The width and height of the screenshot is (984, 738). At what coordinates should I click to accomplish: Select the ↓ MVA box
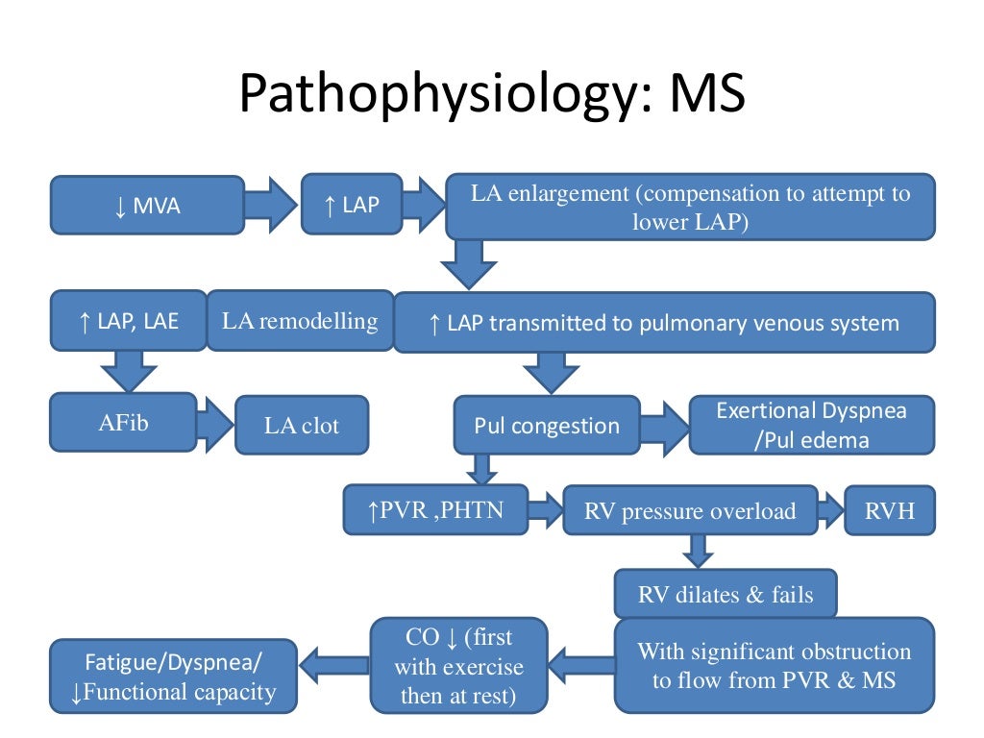click(147, 205)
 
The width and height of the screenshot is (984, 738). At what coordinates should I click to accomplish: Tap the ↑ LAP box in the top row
click(351, 204)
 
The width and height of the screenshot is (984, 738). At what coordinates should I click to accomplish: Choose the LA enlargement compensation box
click(689, 207)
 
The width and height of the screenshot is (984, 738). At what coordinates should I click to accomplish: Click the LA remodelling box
click(300, 321)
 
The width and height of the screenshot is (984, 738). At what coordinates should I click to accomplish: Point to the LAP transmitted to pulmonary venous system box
click(663, 323)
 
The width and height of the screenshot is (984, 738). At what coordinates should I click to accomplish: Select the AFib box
click(124, 422)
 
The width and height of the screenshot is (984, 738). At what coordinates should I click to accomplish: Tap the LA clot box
click(302, 425)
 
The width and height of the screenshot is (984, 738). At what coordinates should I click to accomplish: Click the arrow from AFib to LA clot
click(213, 423)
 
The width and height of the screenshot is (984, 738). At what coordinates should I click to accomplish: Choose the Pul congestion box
click(546, 425)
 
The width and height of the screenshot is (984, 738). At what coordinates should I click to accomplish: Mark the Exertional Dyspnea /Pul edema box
click(811, 425)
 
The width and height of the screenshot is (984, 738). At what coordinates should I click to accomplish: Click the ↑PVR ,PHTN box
click(435, 509)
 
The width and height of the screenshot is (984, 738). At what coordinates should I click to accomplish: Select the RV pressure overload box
click(689, 510)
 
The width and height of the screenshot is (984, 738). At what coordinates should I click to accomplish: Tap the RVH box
click(889, 510)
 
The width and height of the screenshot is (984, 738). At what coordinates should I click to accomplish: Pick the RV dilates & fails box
click(725, 594)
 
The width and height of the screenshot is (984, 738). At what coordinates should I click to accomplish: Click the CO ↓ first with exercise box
click(459, 665)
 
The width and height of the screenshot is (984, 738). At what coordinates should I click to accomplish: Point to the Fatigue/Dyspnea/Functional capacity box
click(173, 677)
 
